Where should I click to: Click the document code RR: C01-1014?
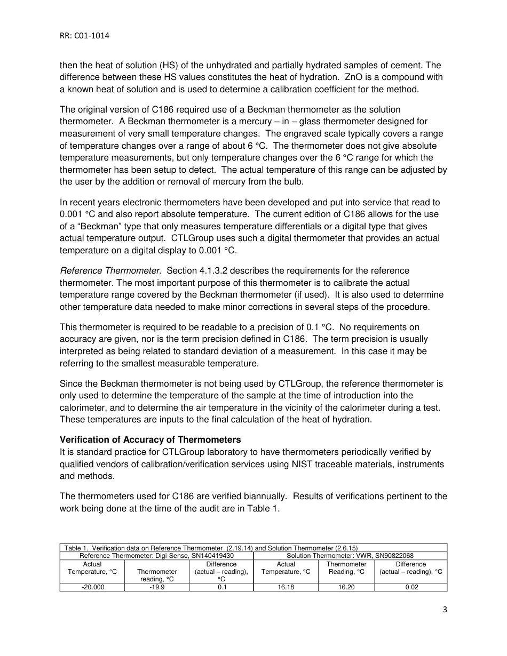[x=85, y=36]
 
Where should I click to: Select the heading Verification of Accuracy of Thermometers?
[x=150, y=440]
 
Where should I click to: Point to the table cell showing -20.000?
[x=92, y=587]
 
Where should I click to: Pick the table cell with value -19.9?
[x=157, y=587]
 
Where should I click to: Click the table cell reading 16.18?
[x=286, y=587]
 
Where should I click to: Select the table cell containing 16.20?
[x=346, y=587]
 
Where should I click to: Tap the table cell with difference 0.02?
[x=411, y=587]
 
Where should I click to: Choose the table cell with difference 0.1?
[x=221, y=587]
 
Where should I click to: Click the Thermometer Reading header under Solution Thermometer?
[x=346, y=567]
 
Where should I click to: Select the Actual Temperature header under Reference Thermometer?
[x=92, y=567]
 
